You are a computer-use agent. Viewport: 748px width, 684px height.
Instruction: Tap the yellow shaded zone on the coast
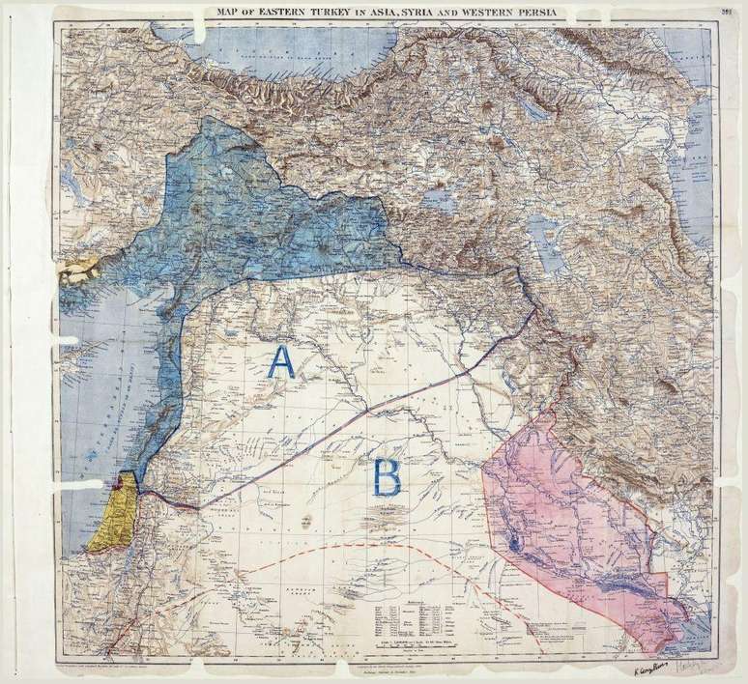(x=109, y=522)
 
